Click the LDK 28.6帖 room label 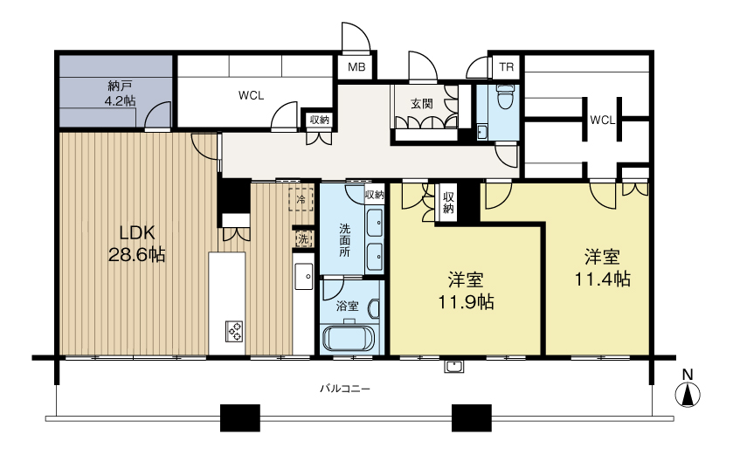136,243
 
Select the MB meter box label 356,66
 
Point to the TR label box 506,66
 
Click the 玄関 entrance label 422,104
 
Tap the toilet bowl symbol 503,96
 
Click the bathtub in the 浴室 349,338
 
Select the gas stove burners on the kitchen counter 235,331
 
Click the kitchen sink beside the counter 303,277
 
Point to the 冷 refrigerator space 301,199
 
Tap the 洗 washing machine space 303,239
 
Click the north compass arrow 688,394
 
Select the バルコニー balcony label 345,389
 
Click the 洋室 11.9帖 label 466,291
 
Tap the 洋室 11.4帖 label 602,268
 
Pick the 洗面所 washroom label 344,240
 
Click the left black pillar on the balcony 239,417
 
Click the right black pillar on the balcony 472,417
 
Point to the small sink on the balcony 453,367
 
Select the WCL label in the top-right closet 602,120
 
